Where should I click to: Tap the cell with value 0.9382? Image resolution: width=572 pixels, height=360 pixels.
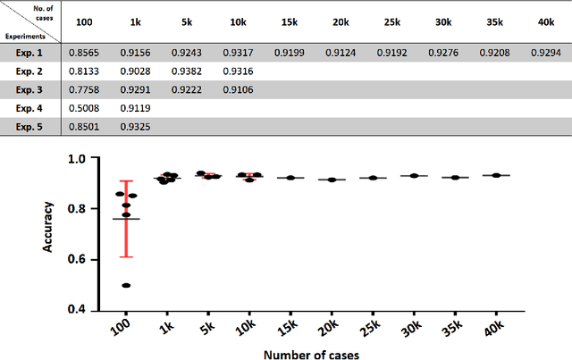[x=186, y=71]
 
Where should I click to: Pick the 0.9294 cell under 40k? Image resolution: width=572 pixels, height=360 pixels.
[x=545, y=53]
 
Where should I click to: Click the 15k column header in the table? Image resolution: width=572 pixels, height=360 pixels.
[x=289, y=21]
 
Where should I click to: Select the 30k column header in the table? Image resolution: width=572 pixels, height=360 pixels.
[x=442, y=21]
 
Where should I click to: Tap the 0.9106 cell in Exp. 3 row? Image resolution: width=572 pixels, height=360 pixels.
[x=238, y=89]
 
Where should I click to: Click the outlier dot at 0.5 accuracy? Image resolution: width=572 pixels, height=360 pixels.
[x=126, y=286]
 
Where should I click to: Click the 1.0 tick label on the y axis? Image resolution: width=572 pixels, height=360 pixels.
[x=80, y=158]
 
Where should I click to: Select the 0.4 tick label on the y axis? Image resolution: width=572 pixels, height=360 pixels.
[x=80, y=310]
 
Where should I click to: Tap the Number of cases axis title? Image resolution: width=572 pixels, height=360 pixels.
[x=310, y=354]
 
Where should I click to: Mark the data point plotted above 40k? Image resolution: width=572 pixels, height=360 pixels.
[x=497, y=175]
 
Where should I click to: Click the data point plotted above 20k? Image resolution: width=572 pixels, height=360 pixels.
[x=332, y=180]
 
